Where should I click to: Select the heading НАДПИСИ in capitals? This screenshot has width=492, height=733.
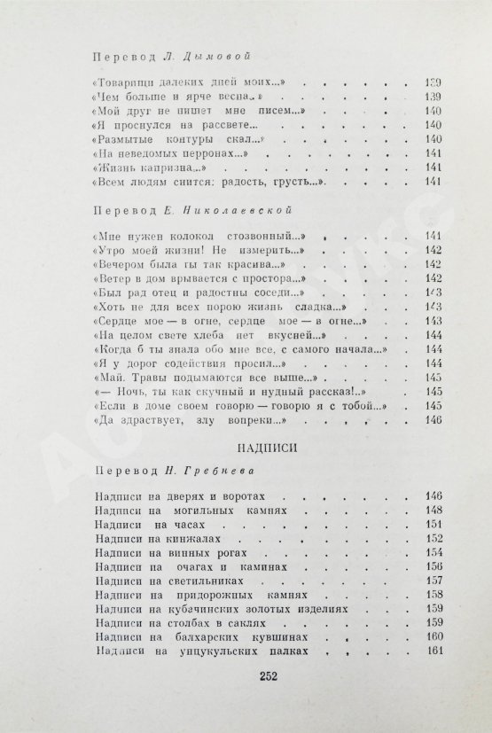click(246, 448)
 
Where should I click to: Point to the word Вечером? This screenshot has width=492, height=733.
click(118, 264)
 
